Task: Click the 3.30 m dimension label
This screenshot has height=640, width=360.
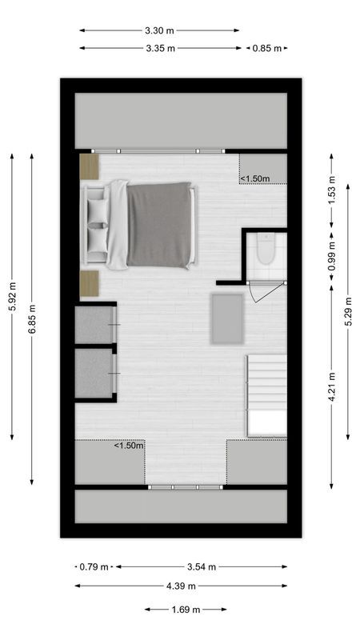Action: click(159, 31)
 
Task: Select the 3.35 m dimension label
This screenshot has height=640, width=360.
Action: click(160, 48)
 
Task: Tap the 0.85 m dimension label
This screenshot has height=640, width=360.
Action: click(267, 48)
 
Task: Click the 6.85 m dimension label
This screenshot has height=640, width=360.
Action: click(32, 319)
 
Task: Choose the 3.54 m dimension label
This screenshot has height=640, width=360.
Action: click(201, 566)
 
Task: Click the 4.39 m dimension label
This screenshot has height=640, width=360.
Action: click(180, 586)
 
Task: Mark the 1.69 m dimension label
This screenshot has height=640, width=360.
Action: click(186, 610)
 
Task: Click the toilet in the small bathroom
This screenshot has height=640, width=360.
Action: click(266, 250)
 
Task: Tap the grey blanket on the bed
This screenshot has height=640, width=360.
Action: click(159, 225)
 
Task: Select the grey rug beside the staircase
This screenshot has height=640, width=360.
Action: click(226, 318)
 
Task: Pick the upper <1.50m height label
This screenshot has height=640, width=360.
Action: click(258, 178)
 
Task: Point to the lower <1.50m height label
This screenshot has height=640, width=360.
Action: click(129, 446)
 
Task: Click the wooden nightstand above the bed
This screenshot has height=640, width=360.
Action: click(89, 166)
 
